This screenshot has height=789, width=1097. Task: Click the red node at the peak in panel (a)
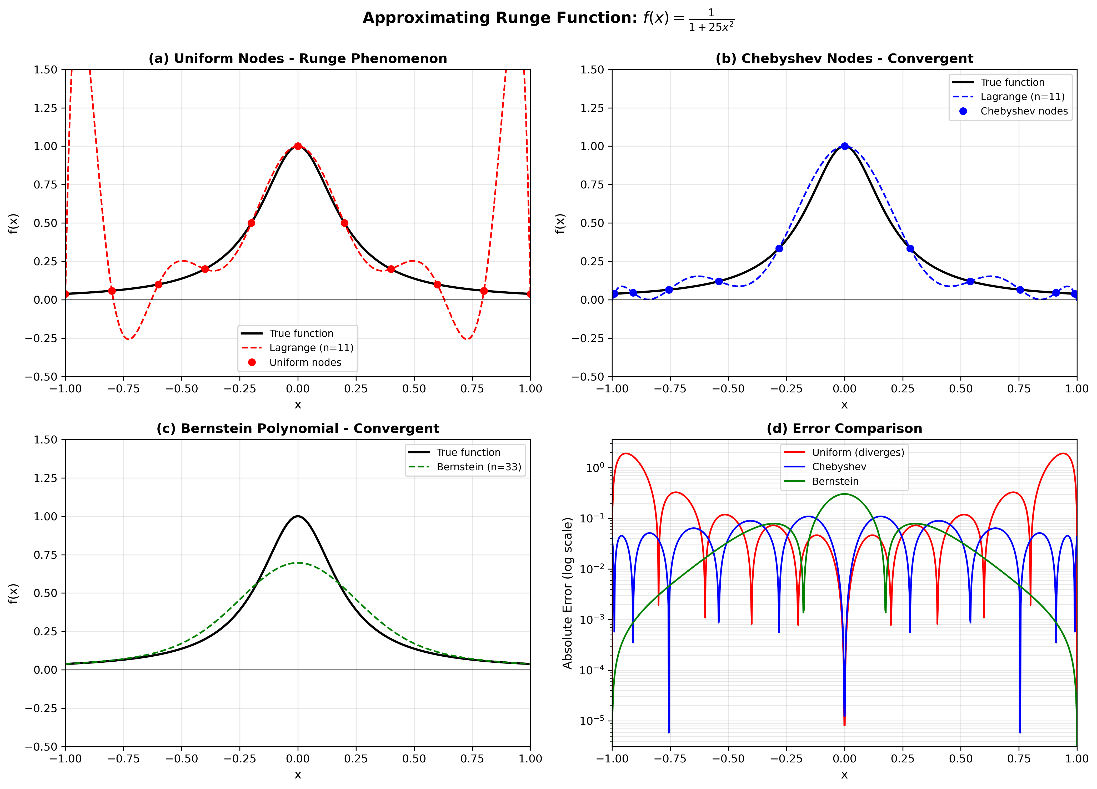pyautogui.click(x=298, y=146)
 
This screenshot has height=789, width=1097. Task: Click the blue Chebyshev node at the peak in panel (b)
pyautogui.click(x=844, y=146)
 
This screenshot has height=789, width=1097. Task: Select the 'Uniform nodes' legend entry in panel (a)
pyautogui.click(x=305, y=362)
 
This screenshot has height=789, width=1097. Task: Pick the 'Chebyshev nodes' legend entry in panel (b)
pyautogui.click(x=1024, y=111)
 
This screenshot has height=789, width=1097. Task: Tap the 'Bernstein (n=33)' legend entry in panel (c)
pyautogui.click(x=478, y=467)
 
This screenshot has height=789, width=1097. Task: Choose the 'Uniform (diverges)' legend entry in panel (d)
pyautogui.click(x=858, y=452)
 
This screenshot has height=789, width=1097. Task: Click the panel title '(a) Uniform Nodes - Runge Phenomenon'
pyautogui.click(x=298, y=58)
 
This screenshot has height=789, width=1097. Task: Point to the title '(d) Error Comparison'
pyautogui.click(x=844, y=429)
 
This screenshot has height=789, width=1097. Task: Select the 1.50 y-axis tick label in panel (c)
pyautogui.click(x=46, y=440)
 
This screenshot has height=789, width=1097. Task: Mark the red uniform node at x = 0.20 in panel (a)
pyautogui.click(x=344, y=223)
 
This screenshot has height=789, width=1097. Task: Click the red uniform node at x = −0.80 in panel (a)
pyautogui.click(x=112, y=291)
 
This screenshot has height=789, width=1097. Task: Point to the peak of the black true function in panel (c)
pyautogui.click(x=298, y=516)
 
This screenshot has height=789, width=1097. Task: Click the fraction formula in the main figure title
pyautogui.click(x=711, y=20)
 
